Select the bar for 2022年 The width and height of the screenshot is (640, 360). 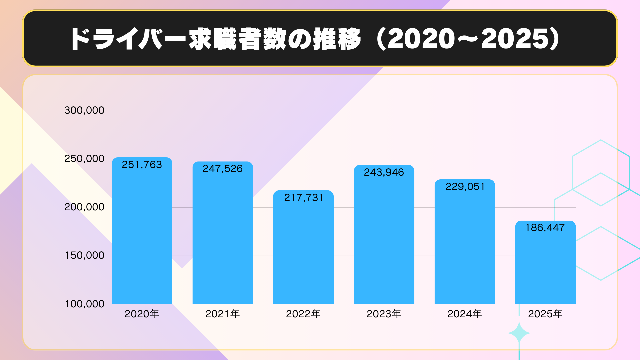tap(303, 250)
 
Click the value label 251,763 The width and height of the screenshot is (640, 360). tap(142, 165)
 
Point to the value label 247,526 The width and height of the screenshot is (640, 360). tap(223, 169)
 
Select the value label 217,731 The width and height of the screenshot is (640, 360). tap(303, 198)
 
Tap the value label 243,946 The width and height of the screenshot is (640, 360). tap(384, 172)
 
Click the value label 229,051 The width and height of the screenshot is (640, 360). tap(465, 187)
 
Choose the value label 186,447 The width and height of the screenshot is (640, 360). tap(545, 228)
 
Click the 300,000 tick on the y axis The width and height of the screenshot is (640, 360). tap(84, 110)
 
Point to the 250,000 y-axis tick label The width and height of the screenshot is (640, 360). tap(84, 159)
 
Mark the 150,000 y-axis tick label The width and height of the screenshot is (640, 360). tap(84, 255)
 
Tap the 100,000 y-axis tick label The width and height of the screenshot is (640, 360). tap(84, 304)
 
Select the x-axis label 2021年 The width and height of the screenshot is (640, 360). tap(223, 314)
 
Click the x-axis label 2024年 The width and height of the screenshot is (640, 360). tap(465, 314)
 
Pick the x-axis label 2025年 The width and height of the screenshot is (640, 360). tap(545, 314)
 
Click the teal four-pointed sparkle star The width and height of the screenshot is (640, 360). tap(519, 333)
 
